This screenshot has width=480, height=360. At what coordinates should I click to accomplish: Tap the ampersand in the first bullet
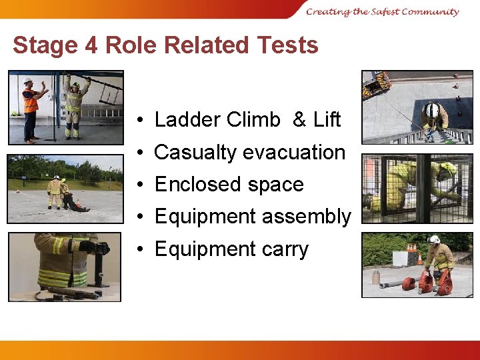click(x=299, y=120)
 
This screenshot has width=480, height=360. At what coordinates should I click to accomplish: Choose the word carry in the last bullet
click(x=285, y=249)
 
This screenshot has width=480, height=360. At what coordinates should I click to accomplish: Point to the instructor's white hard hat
click(x=28, y=81)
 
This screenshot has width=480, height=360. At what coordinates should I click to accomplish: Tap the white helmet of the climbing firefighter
click(x=433, y=109)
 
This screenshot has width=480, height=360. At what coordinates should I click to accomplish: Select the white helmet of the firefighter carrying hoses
click(x=434, y=240)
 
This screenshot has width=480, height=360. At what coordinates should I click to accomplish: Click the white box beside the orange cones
click(x=400, y=258)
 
